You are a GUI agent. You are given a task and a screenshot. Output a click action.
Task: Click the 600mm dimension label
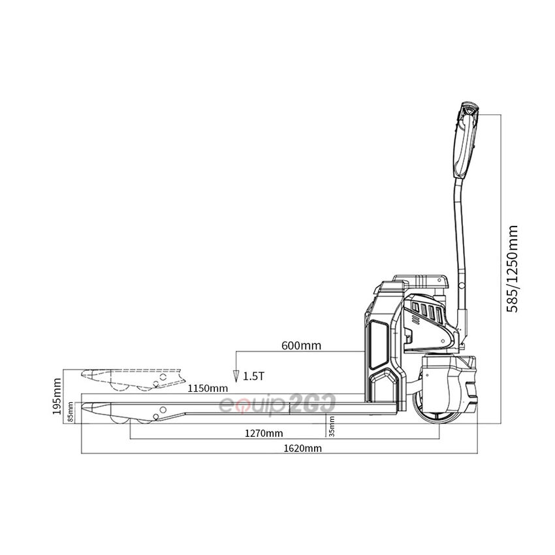tap(301, 345)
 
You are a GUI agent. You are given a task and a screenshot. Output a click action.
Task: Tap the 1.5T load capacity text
tap(253, 376)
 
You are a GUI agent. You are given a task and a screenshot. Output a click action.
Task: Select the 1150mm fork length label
tap(208, 388)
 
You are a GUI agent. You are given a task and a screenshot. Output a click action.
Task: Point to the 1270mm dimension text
tap(264, 434)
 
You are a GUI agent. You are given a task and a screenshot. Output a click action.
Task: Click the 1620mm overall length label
tap(302, 449)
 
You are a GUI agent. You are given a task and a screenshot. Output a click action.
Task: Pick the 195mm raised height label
tap(57, 396)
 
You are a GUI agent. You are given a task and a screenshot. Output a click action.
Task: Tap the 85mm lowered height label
tap(71, 412)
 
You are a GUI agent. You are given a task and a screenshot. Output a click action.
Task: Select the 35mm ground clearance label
tap(332, 426)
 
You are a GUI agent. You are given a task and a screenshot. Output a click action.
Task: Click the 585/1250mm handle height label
tap(512, 268)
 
